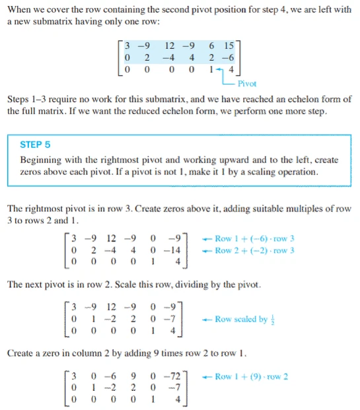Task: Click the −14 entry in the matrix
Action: point(176,250)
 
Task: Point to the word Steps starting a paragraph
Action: point(19,100)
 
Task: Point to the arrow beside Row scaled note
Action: point(206,320)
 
